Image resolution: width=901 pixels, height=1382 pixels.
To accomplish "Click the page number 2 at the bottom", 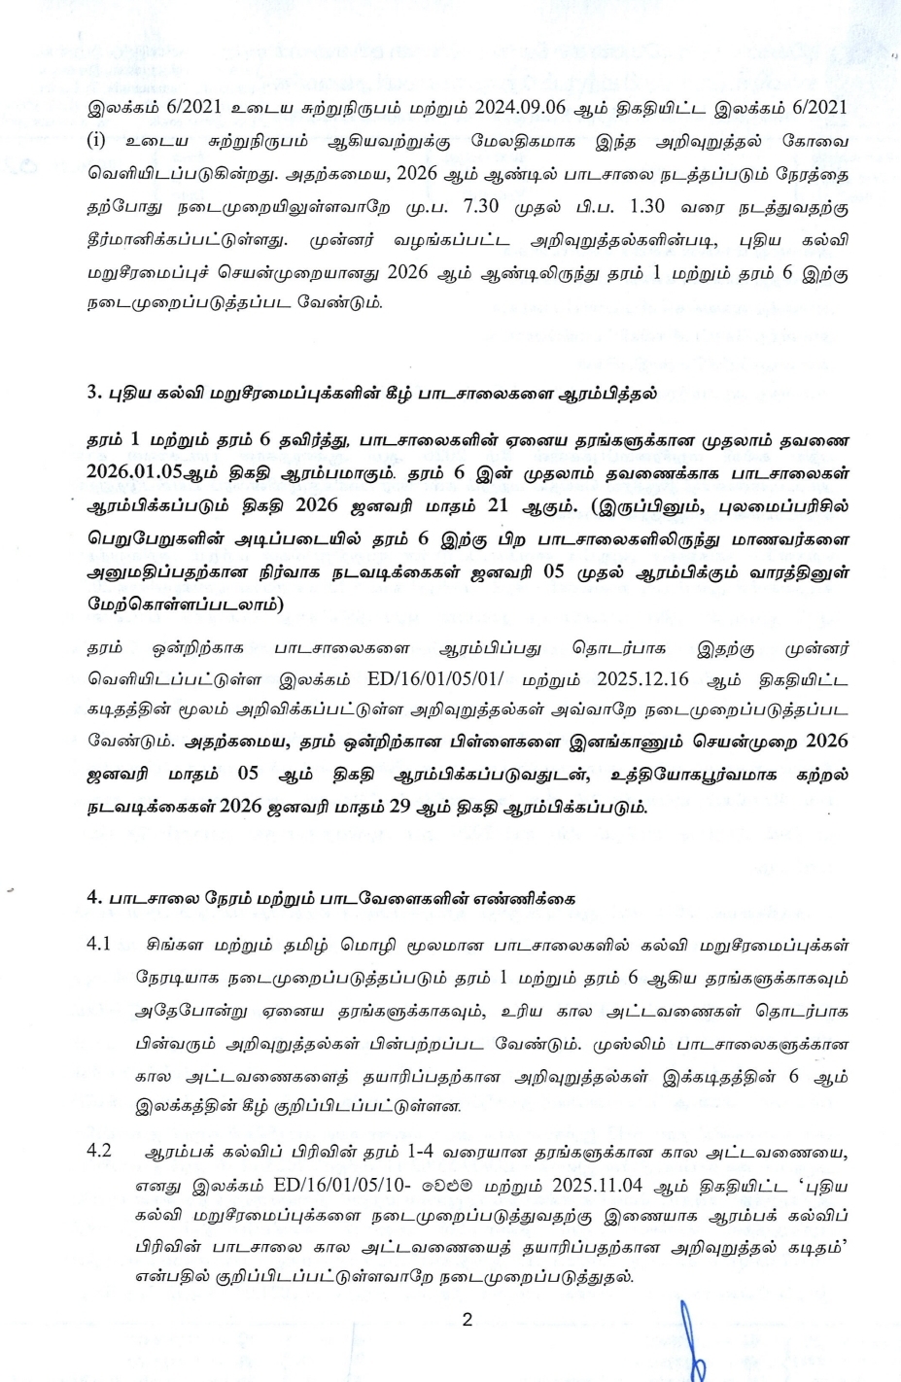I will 467,1320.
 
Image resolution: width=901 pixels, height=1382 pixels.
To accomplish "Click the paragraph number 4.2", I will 98,1152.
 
